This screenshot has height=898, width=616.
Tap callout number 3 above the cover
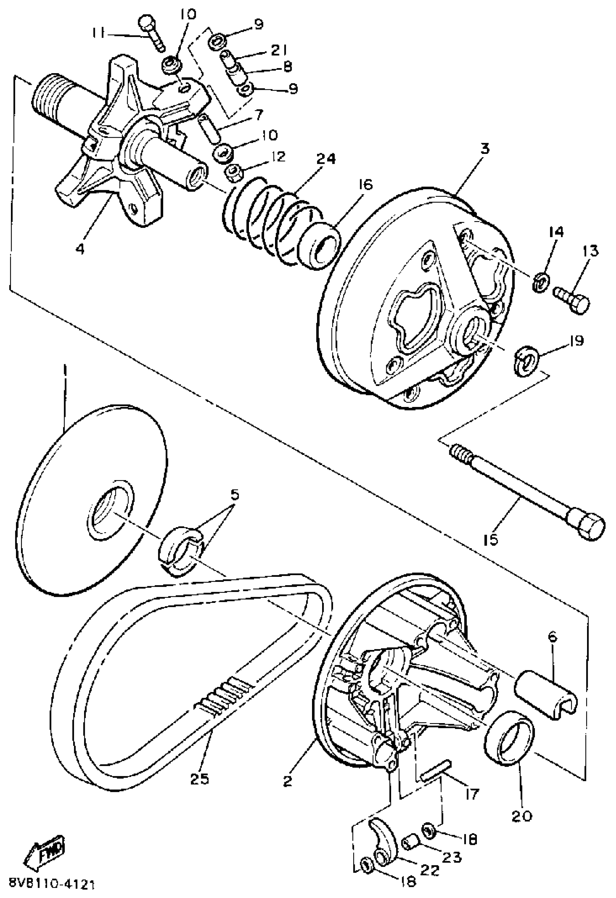point(484,149)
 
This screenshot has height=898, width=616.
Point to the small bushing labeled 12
point(234,173)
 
